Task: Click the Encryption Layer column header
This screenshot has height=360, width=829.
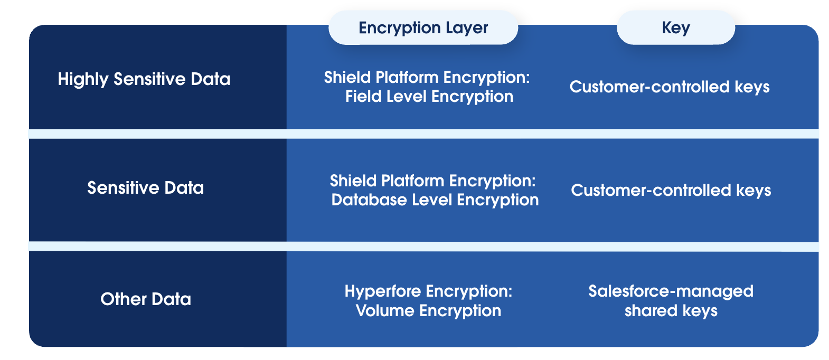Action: [x=423, y=28]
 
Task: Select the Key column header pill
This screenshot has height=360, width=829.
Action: [x=675, y=28]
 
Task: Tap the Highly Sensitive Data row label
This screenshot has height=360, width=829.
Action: [x=144, y=79]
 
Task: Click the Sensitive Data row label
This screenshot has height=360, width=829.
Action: [x=145, y=188]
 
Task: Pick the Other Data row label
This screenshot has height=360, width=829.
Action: [x=146, y=299]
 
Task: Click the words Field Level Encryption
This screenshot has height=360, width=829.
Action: [x=429, y=97]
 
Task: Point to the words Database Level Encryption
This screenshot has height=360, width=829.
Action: [x=435, y=200]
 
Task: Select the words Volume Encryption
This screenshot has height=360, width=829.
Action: [x=428, y=311]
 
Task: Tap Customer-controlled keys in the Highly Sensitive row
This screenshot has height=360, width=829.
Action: [x=669, y=87]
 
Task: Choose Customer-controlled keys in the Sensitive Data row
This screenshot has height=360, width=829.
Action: [x=671, y=191]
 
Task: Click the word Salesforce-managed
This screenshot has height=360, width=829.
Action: [x=671, y=291]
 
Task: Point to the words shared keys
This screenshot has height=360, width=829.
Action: [x=671, y=311]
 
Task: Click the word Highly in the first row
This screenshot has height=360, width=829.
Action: [x=83, y=79]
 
